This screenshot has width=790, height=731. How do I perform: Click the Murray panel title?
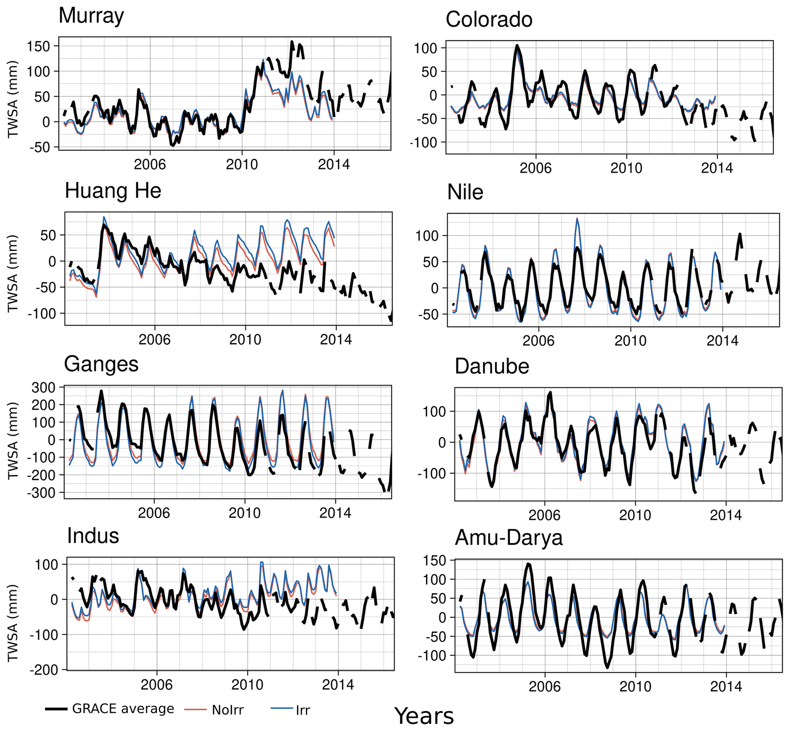click(x=91, y=16)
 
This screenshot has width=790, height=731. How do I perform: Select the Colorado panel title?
click(x=489, y=20)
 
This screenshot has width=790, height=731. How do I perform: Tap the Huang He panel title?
click(x=113, y=190)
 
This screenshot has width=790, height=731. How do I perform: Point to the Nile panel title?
click(x=465, y=193)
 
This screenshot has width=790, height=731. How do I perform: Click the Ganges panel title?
click(x=101, y=364)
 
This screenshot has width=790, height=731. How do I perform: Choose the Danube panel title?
click(x=492, y=366)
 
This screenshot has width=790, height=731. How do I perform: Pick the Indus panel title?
click(x=93, y=536)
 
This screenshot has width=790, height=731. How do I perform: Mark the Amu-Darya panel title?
click(x=509, y=538)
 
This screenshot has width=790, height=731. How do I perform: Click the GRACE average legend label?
click(x=123, y=708)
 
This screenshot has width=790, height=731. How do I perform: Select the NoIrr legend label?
click(x=228, y=710)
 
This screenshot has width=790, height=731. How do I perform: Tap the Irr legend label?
click(x=303, y=710)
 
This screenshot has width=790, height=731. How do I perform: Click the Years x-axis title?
click(x=424, y=716)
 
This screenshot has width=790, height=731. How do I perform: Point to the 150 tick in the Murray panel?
click(x=38, y=46)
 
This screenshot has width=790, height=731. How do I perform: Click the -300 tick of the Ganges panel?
click(x=43, y=493)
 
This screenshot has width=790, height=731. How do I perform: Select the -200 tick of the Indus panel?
click(x=44, y=670)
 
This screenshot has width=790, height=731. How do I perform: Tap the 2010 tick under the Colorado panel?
click(x=626, y=168)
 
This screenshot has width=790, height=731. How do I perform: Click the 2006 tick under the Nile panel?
click(x=538, y=340)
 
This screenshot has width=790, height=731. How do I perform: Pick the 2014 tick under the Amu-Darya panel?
click(x=726, y=686)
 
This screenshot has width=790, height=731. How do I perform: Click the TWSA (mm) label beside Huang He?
click(x=13, y=274)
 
